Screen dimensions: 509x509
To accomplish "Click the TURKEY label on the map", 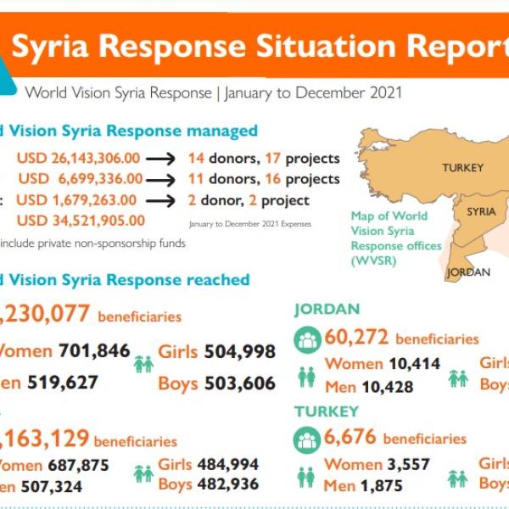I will click(x=462, y=168).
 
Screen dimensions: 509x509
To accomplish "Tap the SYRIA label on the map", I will click(x=481, y=212).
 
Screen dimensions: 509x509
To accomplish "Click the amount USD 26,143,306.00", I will click(x=77, y=159).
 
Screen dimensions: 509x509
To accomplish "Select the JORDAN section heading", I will click(x=327, y=310).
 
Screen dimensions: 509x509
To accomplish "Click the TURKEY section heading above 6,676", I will click(x=327, y=411).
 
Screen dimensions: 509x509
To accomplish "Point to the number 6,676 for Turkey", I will click(x=350, y=439).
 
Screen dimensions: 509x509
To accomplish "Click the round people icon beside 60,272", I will click(x=306, y=340).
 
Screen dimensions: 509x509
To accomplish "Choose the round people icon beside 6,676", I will click(x=306, y=439).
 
